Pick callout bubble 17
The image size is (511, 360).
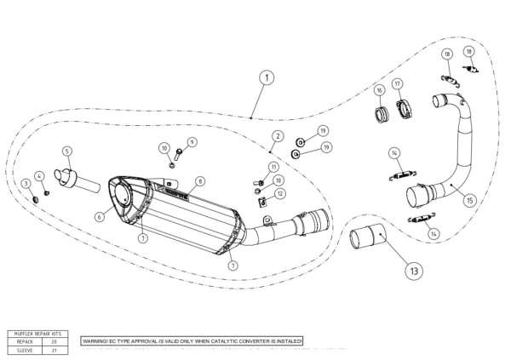click(398, 83)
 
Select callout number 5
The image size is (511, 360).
click(66, 151)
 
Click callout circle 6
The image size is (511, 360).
click(100, 218)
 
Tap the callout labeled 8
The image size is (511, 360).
click(200, 180)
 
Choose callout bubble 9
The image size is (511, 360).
click(192, 141)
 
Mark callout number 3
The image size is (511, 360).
click(26, 183)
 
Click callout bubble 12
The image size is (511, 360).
click(281, 193)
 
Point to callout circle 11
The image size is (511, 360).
click(273, 167)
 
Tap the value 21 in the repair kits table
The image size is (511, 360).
click(55, 348)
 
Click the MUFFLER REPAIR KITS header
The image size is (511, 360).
click(38, 333)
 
